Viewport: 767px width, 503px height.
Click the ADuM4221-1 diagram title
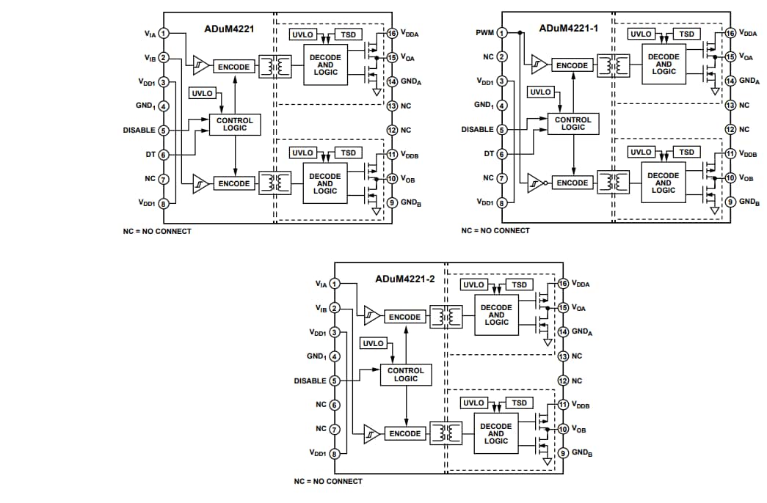tap(569, 29)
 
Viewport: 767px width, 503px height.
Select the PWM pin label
tap(485, 33)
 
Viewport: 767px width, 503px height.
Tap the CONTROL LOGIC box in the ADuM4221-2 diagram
tap(405, 375)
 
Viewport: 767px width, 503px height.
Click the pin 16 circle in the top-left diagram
tap(392, 34)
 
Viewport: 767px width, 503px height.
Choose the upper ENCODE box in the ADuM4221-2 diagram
tap(404, 317)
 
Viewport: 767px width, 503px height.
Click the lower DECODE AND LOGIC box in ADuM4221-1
tap(663, 183)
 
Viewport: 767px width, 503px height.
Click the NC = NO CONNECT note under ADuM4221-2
tap(328, 481)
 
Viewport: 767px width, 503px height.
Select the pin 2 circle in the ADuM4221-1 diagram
tap(502, 57)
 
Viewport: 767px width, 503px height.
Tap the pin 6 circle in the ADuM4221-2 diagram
tap(335, 405)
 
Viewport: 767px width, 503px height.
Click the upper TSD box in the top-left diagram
tap(348, 34)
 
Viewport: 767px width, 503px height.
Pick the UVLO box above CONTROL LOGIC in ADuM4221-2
tap(373, 343)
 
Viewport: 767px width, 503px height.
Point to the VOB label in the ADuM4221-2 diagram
tap(578, 429)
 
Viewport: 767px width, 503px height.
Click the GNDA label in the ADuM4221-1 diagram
tap(749, 81)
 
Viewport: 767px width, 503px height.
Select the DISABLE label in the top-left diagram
tap(139, 130)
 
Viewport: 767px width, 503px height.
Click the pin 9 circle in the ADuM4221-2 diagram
tap(563, 453)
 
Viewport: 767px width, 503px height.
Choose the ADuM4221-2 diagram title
tap(404, 279)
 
